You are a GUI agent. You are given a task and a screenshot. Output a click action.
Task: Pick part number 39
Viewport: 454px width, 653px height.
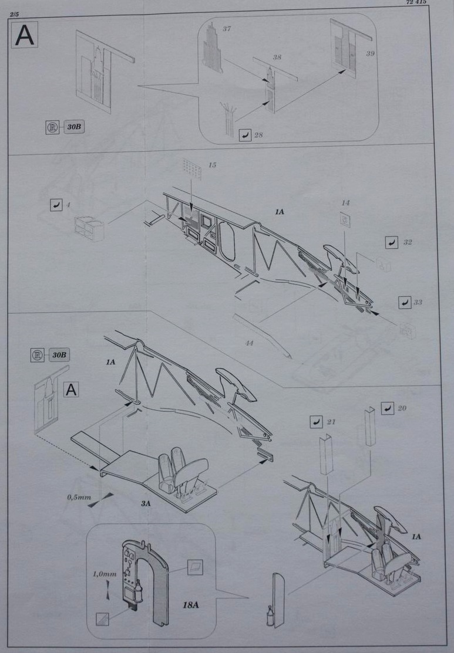[370, 54]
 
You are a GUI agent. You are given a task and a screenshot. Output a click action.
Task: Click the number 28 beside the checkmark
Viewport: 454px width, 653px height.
[258, 136]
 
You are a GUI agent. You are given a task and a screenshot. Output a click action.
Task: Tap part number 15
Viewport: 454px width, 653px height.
[212, 165]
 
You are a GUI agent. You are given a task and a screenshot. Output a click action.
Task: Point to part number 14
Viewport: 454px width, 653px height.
[345, 203]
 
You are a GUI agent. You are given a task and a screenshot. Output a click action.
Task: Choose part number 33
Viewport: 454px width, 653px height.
[418, 302]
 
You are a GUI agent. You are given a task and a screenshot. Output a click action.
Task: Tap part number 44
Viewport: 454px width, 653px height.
[249, 343]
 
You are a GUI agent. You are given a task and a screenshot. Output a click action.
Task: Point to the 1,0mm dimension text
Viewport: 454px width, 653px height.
[104, 574]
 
